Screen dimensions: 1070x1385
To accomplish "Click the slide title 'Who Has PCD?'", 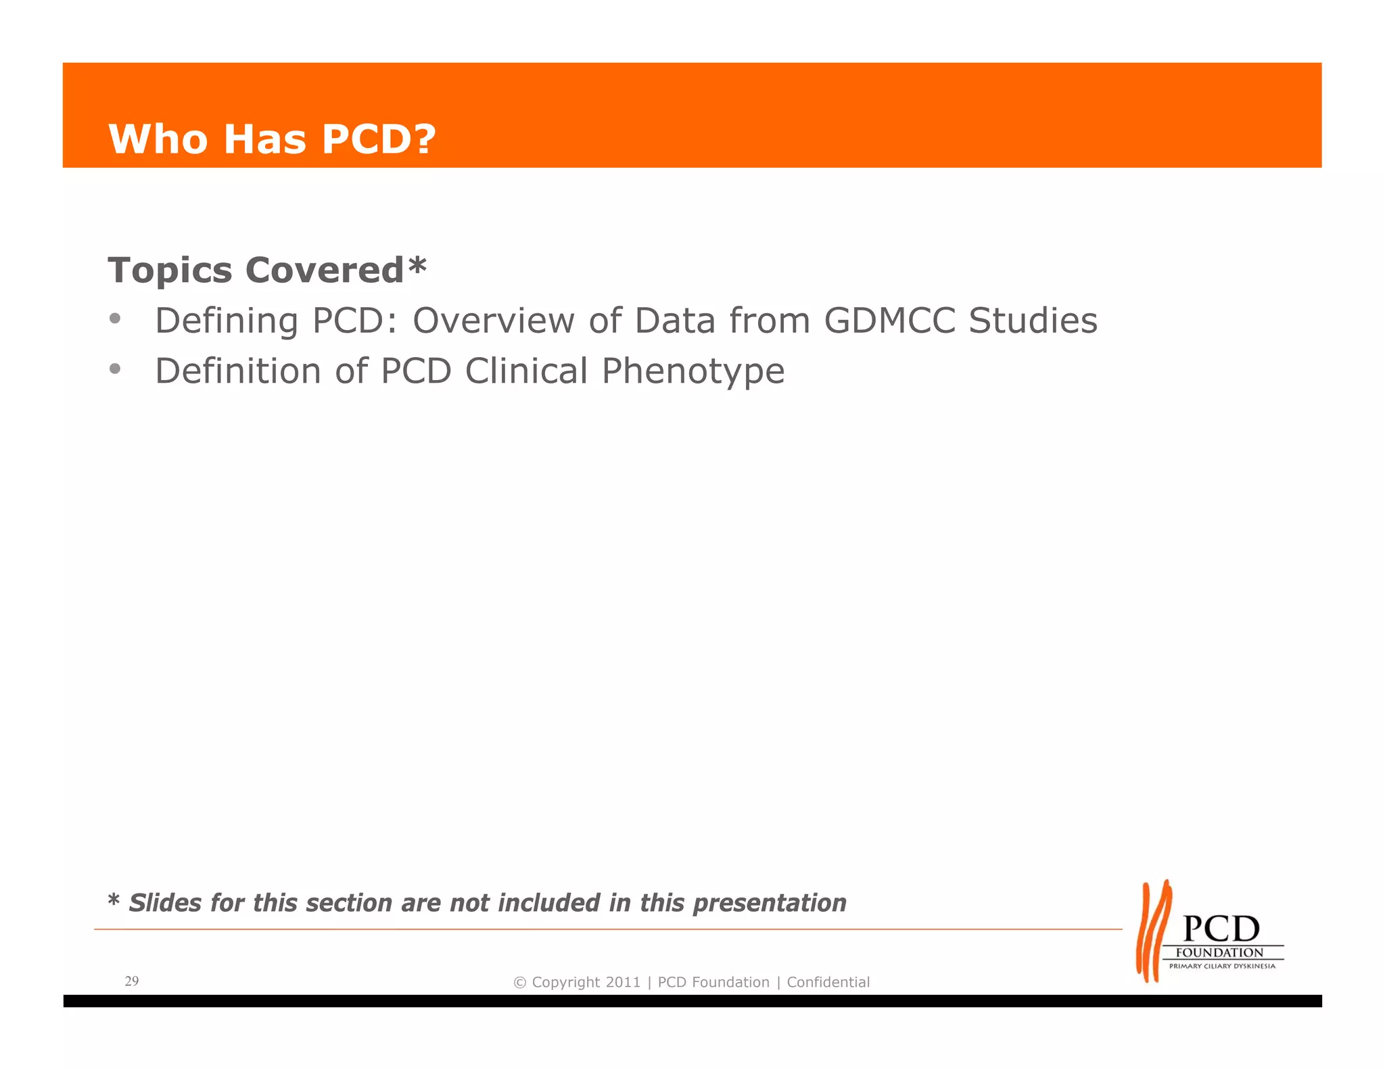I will pyautogui.click(x=272, y=139).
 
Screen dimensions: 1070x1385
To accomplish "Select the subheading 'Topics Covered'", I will pyautogui.click(x=256, y=271).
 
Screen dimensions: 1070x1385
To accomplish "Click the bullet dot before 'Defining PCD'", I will pyautogui.click(x=116, y=318).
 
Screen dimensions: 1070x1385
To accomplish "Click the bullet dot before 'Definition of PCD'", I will pyautogui.click(x=116, y=369).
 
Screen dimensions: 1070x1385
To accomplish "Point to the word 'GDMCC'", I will pyautogui.click(x=889, y=320).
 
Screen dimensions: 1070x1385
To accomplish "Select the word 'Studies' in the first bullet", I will pyautogui.click(x=1033, y=320).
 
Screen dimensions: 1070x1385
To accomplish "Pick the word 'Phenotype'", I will pyautogui.click(x=693, y=371).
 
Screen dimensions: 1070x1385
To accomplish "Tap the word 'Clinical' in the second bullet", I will pyautogui.click(x=526, y=371).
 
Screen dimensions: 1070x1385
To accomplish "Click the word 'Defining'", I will pyautogui.click(x=227, y=321).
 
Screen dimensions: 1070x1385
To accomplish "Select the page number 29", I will pyautogui.click(x=132, y=981).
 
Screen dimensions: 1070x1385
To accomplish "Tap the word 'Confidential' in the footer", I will pyautogui.click(x=828, y=982).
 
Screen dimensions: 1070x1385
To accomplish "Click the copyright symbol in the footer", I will pyautogui.click(x=520, y=983).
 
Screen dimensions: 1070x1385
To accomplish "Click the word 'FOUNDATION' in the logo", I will pyautogui.click(x=1219, y=952).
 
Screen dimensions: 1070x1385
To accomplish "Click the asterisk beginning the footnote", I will pyautogui.click(x=114, y=900).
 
